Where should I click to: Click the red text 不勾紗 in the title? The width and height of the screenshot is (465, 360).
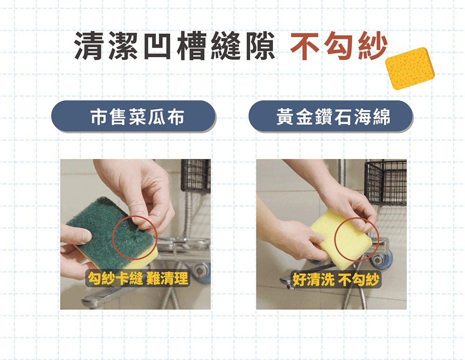(339, 46)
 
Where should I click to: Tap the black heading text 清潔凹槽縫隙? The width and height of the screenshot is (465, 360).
(174, 46)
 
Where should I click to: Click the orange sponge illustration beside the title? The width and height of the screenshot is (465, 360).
(410, 68)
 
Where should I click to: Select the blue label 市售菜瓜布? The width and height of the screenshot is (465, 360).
(133, 117)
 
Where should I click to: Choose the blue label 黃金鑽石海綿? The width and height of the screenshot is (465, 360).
(331, 117)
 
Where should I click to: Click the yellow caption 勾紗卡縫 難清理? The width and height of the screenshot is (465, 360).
(138, 279)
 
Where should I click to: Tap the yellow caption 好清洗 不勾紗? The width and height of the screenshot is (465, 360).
(336, 279)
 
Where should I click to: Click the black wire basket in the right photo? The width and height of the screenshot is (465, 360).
(385, 182)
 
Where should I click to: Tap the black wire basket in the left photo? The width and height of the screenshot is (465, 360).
(196, 176)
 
